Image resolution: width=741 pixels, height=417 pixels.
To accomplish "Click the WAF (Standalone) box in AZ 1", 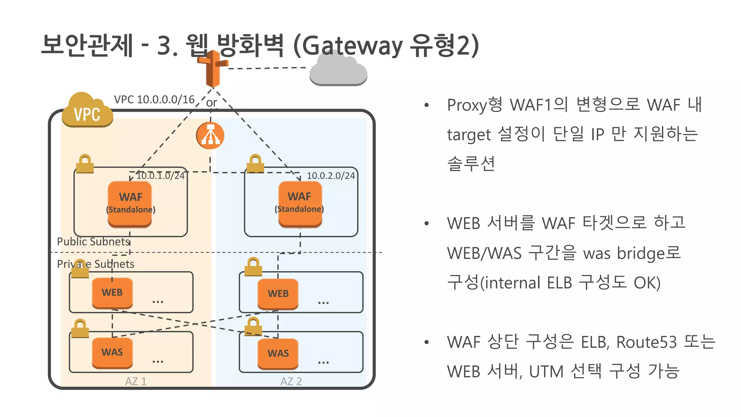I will coord(130,204).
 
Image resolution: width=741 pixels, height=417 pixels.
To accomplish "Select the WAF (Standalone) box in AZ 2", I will coord(300,203).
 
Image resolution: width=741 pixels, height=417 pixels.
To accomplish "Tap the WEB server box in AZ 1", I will coord(112,292).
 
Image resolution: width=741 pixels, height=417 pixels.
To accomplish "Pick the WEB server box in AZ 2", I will coord(278,294).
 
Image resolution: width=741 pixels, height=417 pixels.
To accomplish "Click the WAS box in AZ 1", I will coord(112,353).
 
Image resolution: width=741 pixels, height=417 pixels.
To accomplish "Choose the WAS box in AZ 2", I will coord(278,354).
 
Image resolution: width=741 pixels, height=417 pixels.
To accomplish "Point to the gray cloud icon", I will coord(338,71).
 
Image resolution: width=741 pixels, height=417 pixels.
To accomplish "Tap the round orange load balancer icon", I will coord(210,136).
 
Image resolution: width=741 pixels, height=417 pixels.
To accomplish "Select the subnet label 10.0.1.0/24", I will coord(160,176).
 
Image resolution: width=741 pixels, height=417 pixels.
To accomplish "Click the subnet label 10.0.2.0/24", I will coord(331,176).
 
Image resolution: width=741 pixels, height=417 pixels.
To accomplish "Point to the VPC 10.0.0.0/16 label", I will coord(154,100).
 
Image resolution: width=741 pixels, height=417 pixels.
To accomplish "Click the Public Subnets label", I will coord(93,241).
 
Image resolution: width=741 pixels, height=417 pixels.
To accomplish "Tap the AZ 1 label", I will coord(136,381).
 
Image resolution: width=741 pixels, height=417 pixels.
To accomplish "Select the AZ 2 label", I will coord(291,381).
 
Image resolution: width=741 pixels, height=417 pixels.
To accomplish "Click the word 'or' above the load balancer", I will coord(211,103).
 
